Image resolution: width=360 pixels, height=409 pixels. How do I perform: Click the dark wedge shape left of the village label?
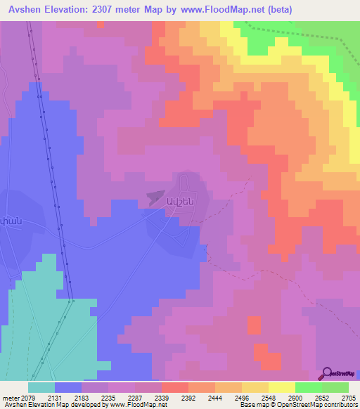coord(155,198)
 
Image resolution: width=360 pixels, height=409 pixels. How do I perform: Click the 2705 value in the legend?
coord(347,398)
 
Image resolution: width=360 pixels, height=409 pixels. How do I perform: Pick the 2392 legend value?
coord(188,398)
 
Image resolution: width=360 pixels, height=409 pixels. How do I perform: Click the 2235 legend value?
coord(109,398)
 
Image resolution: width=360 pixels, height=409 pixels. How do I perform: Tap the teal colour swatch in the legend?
coord(41,387)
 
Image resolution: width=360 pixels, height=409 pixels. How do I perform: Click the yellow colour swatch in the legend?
coord(281,387)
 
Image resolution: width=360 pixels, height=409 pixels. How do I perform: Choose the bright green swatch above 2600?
coord(308,387)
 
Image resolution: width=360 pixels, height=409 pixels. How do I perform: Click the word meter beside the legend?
coord(11,398)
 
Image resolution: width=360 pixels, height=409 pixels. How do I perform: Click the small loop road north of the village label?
coord(186,181)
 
